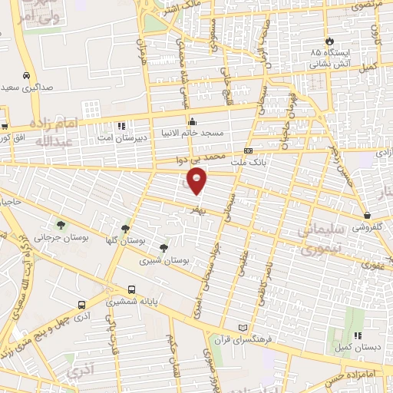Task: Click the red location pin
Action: point(198,181)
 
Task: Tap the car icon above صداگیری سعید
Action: point(27,76)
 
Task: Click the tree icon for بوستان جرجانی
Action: point(61,225)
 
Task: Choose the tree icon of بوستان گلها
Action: point(126,229)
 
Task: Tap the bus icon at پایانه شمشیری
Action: point(133,290)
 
